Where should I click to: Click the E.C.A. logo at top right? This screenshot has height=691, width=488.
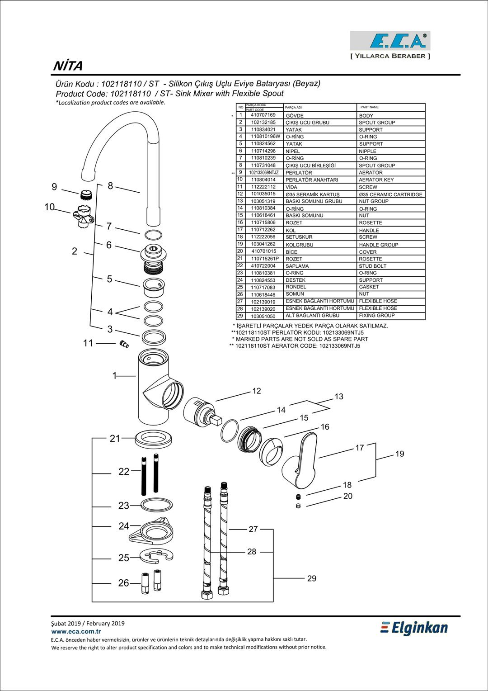tap(390, 41)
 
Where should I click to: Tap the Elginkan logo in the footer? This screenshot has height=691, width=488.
tap(414, 628)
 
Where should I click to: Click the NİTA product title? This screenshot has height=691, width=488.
tap(68, 66)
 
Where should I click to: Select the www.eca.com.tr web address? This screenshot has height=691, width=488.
tap(76, 631)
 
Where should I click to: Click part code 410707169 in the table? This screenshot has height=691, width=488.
tap(263, 115)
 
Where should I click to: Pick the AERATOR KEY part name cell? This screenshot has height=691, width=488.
tap(376, 180)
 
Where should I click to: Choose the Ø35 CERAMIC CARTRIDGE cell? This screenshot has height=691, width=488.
tap(390, 194)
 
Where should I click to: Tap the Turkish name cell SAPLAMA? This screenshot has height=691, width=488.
tap(297, 266)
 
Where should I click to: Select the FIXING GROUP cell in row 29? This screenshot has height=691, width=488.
tap(376, 316)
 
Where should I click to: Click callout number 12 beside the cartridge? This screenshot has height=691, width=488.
tap(257, 391)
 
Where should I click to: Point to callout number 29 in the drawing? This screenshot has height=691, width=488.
tap(312, 578)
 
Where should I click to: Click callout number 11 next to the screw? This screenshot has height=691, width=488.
tap(88, 343)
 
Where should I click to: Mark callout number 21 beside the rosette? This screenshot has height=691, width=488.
tap(115, 438)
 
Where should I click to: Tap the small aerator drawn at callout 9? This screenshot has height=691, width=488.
tap(86, 195)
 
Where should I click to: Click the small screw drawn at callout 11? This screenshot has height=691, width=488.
tap(124, 345)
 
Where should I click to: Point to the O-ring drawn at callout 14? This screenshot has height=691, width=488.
tap(230, 431)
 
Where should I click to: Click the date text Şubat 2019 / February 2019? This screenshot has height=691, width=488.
tap(88, 623)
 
